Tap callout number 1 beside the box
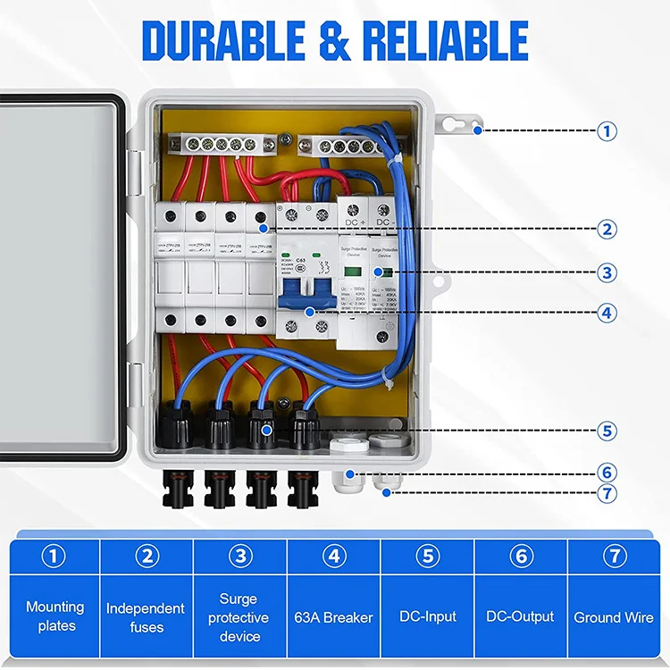608,130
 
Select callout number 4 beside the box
608,313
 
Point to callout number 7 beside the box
608,492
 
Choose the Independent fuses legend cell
147,616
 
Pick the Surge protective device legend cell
239,616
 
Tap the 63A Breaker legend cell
334,616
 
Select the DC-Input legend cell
428,616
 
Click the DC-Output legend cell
520,616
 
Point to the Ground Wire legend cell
614,616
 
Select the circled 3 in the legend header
239,556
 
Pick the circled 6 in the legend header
521,556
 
